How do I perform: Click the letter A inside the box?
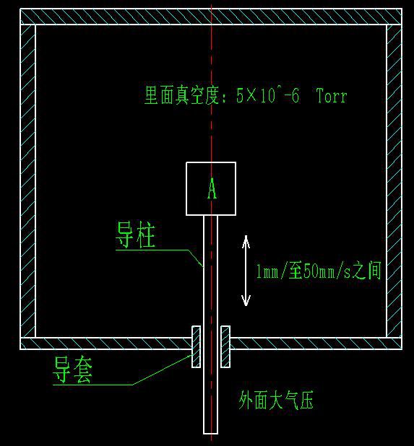pyautogui.click(x=212, y=188)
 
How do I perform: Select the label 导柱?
pyautogui.click(x=135, y=235)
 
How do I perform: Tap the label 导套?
pyautogui.click(x=72, y=370)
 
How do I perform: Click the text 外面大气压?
pyautogui.click(x=276, y=400)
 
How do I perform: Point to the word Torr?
pyautogui.click(x=332, y=95)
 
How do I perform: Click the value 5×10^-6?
pyautogui.click(x=267, y=95)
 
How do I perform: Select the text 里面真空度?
pyautogui.click(x=181, y=95)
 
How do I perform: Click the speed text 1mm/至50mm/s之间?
pyautogui.click(x=319, y=271)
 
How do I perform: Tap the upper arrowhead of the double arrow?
pyautogui.click(x=246, y=240)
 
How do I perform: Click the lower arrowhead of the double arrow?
pyautogui.click(x=246, y=300)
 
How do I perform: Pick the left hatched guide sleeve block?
pyautogui.click(x=197, y=346)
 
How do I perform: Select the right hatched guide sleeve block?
pyautogui.click(x=225, y=346)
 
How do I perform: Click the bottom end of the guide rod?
pyautogui.click(x=211, y=434)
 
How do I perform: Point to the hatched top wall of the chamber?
pyautogui.click(x=211, y=17)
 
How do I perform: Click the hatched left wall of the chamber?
pyautogui.click(x=28, y=181)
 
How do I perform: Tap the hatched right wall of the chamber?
pyautogui.click(x=394, y=181)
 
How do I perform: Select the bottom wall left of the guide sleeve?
pyautogui.click(x=106, y=344)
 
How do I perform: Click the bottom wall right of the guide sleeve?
pyautogui.click(x=316, y=344)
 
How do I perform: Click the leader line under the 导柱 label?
pyautogui.click(x=160, y=250)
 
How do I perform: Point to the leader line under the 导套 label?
pyautogui.click(x=122, y=385)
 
